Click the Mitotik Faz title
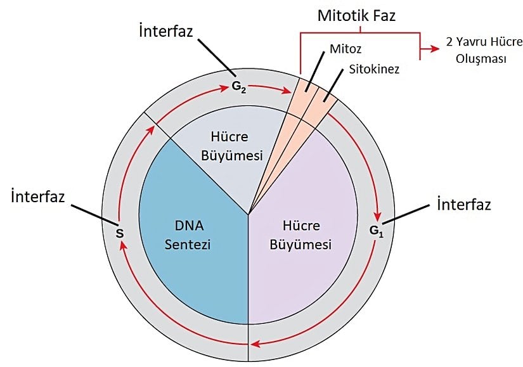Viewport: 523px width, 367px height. click(x=356, y=15)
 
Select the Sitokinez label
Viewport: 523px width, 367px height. click(x=374, y=69)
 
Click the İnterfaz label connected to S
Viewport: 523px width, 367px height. click(x=38, y=196)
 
